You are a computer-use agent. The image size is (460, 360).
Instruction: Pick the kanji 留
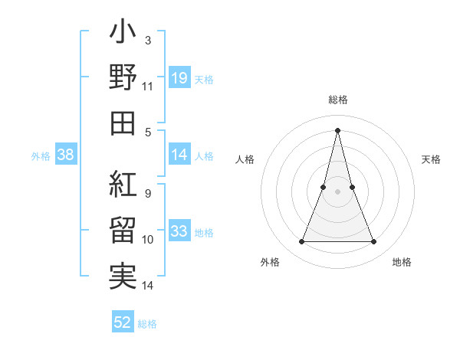pos(123,231)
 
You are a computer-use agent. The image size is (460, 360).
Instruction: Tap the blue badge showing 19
pos(179,77)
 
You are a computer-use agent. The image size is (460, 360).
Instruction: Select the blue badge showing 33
pos(179,232)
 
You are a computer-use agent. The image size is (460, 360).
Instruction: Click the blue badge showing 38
pos(66,155)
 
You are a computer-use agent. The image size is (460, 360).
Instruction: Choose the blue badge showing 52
pos(123,322)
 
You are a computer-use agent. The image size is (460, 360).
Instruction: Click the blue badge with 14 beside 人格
pos(179,155)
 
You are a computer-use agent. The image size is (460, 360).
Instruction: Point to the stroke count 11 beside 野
pos(148,87)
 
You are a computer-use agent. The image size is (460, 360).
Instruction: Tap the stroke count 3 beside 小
pos(147,39)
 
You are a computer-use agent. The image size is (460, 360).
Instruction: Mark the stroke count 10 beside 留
pos(148,240)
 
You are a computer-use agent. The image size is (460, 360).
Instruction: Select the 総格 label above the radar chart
pos(337,100)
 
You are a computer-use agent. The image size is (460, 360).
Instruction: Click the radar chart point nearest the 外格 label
pos(301,242)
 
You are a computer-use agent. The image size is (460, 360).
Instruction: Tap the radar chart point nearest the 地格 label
pos(374,242)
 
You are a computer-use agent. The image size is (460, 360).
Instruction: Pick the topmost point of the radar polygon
pos(337,129)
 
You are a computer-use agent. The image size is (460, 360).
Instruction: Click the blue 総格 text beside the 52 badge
pos(147,324)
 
